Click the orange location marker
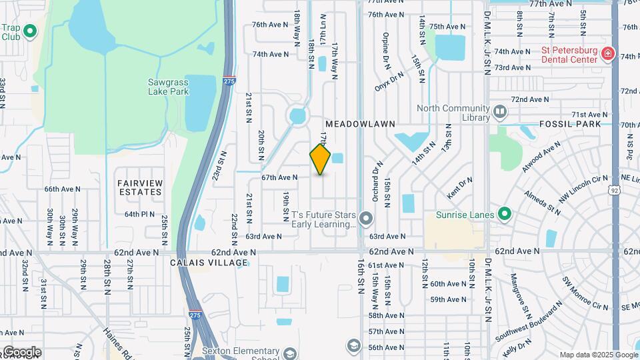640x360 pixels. pos(321,159)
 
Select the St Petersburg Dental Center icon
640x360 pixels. pos(607,54)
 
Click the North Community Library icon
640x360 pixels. pos(500,111)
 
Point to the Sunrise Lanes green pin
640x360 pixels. pos(505,215)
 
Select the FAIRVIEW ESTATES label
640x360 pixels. pos(139,187)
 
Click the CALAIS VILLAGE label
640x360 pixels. pos(199,263)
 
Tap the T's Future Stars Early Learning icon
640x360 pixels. pos(365,219)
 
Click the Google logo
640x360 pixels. pos(22,351)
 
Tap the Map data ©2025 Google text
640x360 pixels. pos(599,355)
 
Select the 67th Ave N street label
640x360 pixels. pos(279,177)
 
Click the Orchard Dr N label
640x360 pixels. pos(377,181)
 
